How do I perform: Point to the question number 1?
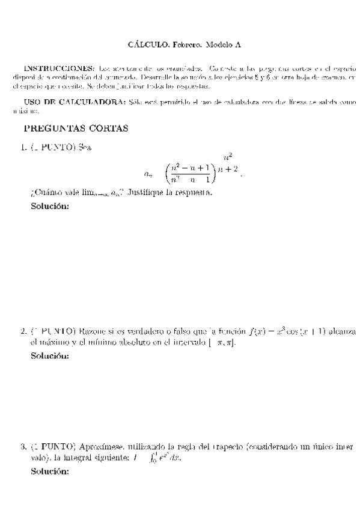pos(23,147)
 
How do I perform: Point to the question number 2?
pos(23,331)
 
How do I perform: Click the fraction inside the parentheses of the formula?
pos(191,173)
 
